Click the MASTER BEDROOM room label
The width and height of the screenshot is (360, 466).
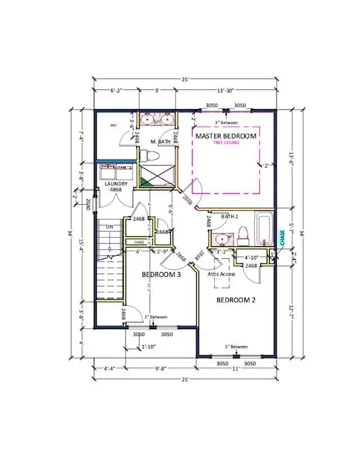[x=226, y=136]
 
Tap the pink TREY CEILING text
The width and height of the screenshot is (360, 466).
[x=226, y=143]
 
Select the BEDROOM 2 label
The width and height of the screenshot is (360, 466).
[x=236, y=300]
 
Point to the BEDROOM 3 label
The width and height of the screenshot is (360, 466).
[x=161, y=275]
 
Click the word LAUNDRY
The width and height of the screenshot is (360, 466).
[x=115, y=184]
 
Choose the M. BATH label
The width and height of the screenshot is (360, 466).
[x=160, y=142]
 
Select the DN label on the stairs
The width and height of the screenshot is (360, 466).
[x=110, y=226]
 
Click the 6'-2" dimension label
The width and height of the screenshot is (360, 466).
[x=104, y=90]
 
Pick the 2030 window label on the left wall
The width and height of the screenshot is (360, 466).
[x=88, y=205]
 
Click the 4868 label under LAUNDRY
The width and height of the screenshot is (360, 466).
[x=115, y=191]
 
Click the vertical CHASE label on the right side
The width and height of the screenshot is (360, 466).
[x=282, y=237]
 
